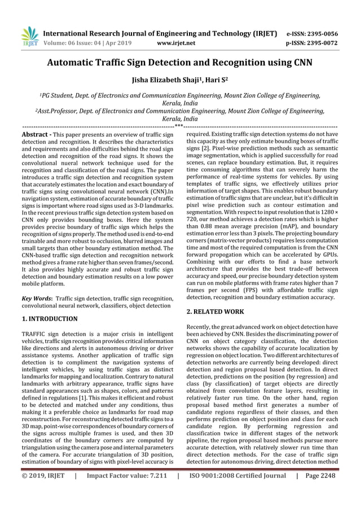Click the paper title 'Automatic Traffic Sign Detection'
coord(179,63)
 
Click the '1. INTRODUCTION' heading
coord(50,319)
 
